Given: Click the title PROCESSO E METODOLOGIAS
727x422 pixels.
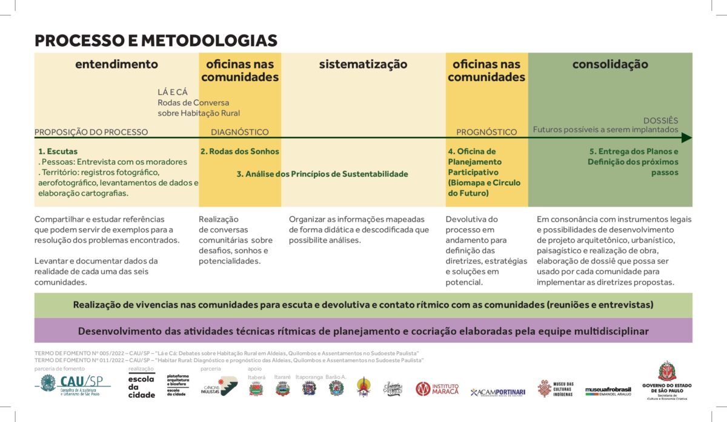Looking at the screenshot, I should [156, 41].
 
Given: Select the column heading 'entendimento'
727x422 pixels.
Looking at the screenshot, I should [116, 64].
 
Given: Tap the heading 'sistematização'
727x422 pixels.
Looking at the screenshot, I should [363, 64].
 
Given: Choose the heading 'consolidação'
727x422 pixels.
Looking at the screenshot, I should [610, 64].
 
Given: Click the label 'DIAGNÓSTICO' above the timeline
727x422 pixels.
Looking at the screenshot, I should [239, 132].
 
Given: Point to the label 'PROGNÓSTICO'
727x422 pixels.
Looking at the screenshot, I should [486, 132].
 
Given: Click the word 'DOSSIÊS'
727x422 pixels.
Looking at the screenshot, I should [660, 120].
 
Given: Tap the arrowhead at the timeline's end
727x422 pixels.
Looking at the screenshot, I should [687, 138].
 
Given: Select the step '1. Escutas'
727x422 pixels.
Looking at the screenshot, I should [58, 151].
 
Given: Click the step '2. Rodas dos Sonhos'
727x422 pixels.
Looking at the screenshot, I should [239, 151].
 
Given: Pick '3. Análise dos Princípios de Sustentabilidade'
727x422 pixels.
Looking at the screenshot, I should [322, 174].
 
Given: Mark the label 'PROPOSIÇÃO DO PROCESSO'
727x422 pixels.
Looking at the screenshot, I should [91, 132].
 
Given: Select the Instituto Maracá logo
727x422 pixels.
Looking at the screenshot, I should [437, 389].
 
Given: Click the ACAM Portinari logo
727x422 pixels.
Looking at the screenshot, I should [497, 392].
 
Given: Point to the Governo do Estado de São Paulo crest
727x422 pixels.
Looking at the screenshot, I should [666, 371].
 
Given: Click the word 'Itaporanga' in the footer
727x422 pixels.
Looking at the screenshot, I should [309, 377].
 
